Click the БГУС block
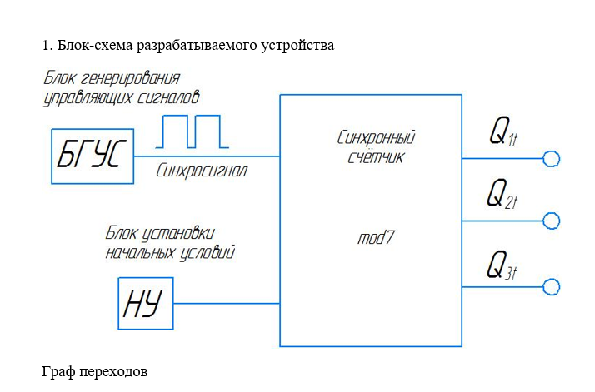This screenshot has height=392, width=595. pyautogui.click(x=92, y=156)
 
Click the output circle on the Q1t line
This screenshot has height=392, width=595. pyautogui.click(x=552, y=158)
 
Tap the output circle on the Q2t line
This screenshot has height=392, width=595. pyautogui.click(x=552, y=221)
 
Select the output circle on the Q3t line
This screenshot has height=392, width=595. pyautogui.click(x=552, y=287)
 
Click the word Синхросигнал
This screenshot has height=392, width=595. pyautogui.click(x=202, y=171)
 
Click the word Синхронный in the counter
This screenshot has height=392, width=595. pyautogui.click(x=376, y=137)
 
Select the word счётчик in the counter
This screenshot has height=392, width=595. pyautogui.click(x=376, y=156)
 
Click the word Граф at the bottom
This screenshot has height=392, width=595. pyautogui.click(x=57, y=371)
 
